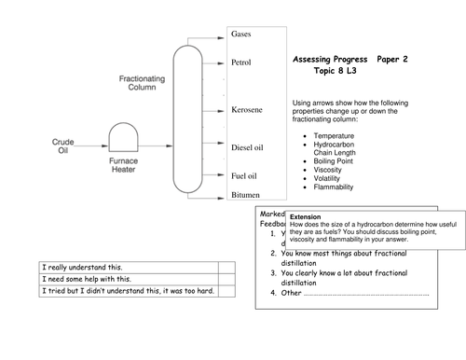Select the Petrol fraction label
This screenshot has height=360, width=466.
[x=241, y=62]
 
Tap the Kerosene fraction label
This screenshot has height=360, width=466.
[x=246, y=110]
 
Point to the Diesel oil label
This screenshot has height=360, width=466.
[x=248, y=146]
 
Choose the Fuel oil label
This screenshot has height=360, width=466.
[x=244, y=175]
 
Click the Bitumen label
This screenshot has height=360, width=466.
[x=245, y=195]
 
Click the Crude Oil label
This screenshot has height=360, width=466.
[x=62, y=147]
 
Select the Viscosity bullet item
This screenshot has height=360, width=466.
[x=334, y=170]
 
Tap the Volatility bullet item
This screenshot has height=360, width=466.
[x=334, y=178]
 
